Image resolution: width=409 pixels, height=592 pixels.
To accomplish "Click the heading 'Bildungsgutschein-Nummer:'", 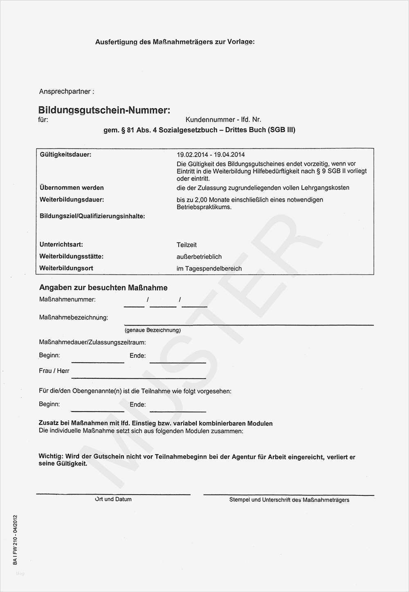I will coord(104,110).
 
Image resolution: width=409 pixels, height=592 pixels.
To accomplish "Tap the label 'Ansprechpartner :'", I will coord(67,91).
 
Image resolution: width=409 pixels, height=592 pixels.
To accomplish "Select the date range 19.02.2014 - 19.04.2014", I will coord(211,155).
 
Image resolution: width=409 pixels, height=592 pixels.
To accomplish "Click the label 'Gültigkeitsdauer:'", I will coord(65,154).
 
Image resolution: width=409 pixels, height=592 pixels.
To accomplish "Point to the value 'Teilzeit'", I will coord(187,245).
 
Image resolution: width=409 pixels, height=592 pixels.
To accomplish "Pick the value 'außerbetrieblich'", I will coord(199,257).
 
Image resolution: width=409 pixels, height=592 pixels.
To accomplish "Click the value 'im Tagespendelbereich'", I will coord(209,269).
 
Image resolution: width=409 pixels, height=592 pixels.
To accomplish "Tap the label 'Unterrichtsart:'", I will coord(61,244).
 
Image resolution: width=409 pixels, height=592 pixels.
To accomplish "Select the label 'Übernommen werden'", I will coord(72,188).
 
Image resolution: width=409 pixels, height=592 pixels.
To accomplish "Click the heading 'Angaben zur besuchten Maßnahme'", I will coord(103,288).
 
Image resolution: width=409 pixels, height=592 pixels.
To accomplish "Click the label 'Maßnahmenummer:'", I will coord(67,299).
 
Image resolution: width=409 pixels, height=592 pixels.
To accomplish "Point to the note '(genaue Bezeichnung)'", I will coord(153,330).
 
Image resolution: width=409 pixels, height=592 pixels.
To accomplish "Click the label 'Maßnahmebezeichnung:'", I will coord(74,317).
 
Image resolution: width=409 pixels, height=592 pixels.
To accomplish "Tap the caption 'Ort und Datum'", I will coord(113,499).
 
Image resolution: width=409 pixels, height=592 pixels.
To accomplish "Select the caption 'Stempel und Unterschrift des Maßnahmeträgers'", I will coord(289,500).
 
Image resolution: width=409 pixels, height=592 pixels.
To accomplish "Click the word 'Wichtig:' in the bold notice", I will coord(51,456).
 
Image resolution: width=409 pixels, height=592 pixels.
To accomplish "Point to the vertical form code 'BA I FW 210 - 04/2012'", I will coord(15,540).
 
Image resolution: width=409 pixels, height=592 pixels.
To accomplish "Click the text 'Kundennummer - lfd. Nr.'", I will coord(223,120).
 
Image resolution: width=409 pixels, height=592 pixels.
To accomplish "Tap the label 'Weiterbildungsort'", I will coord(66,268).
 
